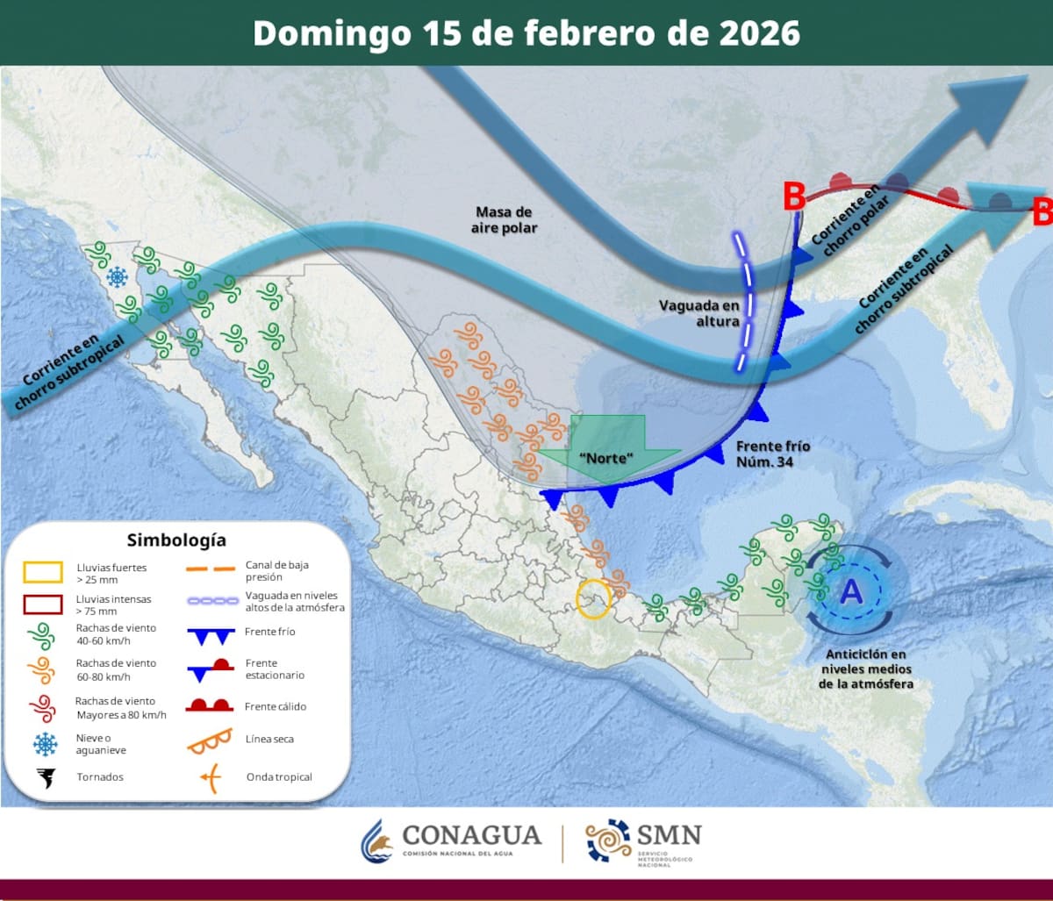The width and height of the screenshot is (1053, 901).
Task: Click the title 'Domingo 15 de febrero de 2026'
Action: (x=526, y=33)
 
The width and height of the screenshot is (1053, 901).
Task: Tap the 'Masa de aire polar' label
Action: (x=504, y=220)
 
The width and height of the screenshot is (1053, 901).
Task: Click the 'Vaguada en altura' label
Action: (x=699, y=314)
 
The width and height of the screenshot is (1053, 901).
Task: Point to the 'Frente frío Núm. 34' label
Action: (x=772, y=453)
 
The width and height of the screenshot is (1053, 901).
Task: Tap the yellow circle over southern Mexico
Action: (x=592, y=599)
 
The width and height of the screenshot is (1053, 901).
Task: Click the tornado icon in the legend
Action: (x=44, y=777)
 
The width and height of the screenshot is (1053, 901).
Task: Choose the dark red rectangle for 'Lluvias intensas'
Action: (x=42, y=604)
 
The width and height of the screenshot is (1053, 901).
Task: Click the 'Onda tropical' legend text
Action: (x=279, y=777)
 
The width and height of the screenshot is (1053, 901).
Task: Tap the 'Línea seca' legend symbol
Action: (x=209, y=740)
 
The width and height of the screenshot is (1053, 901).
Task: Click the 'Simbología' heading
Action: (x=175, y=540)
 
